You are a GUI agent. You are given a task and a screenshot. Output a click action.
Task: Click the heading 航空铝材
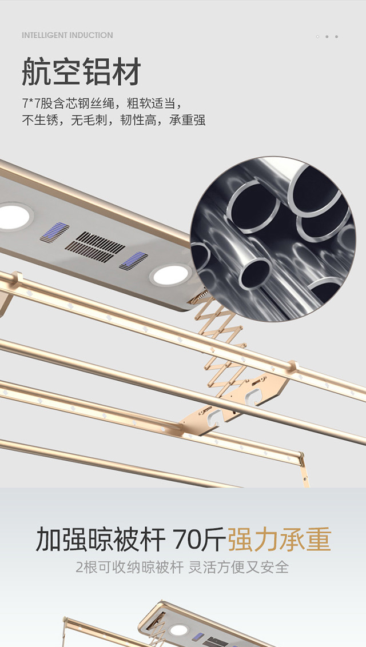coord(81,71)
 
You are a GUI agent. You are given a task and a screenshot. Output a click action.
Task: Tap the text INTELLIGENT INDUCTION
coord(67,35)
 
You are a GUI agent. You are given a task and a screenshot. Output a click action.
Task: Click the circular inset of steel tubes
coord(273,239)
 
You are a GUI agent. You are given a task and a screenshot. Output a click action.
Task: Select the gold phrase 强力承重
coord(279,539)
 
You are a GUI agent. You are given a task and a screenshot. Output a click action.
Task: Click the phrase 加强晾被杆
coord(101,539)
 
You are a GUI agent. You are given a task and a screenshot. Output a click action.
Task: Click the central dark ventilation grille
coord(95,247)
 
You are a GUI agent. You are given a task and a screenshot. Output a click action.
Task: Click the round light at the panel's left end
coord(14,217)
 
